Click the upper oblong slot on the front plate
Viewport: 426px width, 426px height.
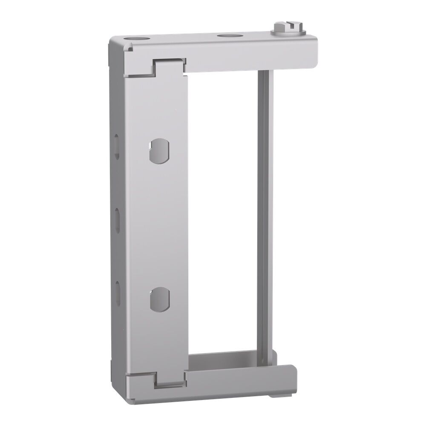click(160, 150)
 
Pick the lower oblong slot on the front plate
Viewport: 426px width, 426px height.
click(160, 298)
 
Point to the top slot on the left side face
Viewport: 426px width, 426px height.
click(115, 143)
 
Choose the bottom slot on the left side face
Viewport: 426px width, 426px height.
click(116, 290)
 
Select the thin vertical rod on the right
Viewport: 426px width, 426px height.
click(263, 213)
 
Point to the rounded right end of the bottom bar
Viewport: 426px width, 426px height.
click(294, 375)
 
